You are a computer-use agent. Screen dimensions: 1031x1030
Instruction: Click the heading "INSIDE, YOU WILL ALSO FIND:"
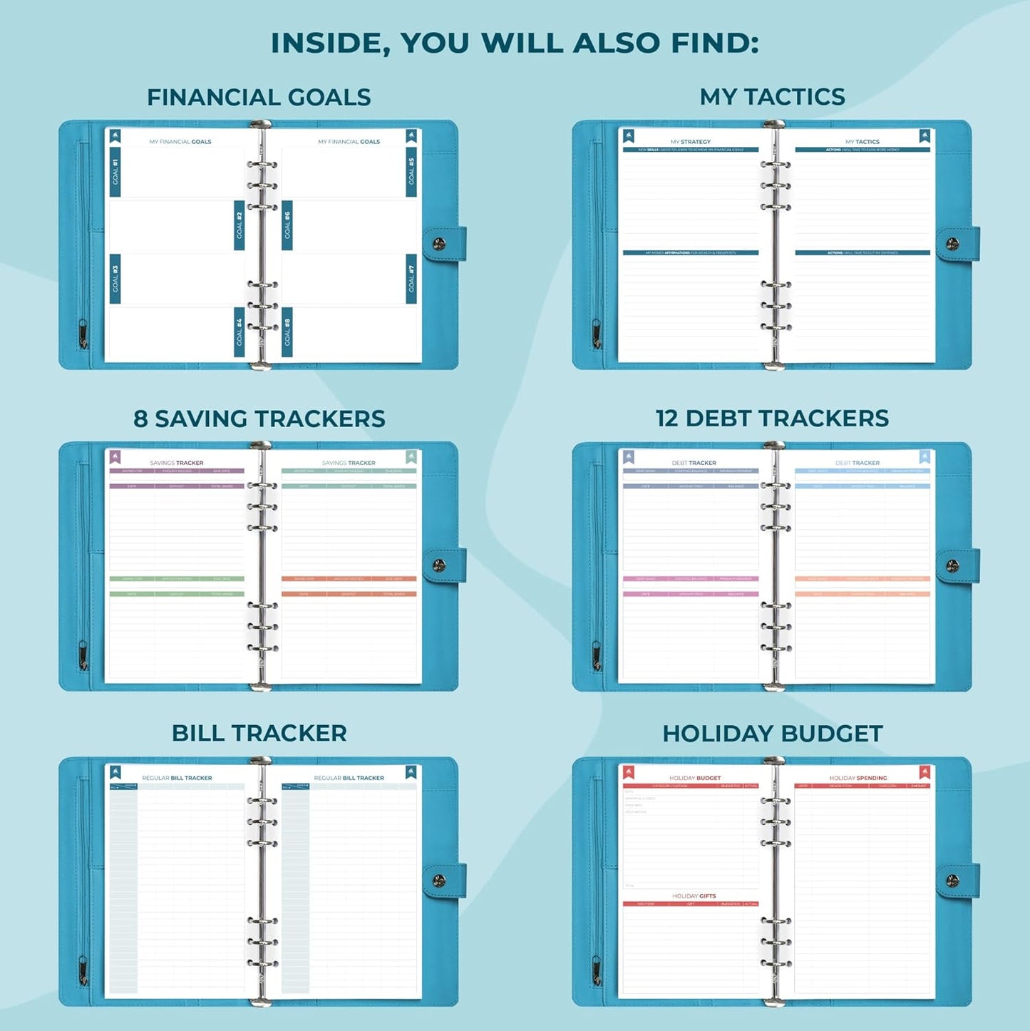(x=515, y=43)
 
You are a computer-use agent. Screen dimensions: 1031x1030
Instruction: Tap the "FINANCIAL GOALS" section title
(x=259, y=97)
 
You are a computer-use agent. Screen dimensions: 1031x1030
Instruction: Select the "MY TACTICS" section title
(x=772, y=97)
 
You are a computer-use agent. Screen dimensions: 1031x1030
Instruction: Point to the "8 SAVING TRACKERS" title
(x=259, y=419)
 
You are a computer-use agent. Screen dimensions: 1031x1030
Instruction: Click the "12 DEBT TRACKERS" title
(x=772, y=419)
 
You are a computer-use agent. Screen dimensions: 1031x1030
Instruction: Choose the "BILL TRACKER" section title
(x=259, y=733)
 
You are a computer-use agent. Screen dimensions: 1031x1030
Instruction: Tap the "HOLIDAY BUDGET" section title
(x=772, y=734)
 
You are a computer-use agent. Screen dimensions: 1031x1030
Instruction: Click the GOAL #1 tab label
(x=115, y=172)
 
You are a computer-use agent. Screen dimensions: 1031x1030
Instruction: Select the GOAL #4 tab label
(x=240, y=332)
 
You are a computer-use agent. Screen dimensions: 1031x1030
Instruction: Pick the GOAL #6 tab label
(x=287, y=225)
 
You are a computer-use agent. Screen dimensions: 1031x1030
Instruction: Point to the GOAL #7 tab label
(x=411, y=279)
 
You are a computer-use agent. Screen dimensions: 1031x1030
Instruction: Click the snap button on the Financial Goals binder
(x=439, y=244)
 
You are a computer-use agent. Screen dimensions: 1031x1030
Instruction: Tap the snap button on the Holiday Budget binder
(x=952, y=881)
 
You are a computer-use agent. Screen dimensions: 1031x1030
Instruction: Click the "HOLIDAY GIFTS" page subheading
(x=694, y=896)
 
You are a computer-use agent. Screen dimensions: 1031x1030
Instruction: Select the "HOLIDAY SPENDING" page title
(x=858, y=778)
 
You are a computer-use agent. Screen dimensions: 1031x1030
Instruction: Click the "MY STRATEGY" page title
(x=690, y=142)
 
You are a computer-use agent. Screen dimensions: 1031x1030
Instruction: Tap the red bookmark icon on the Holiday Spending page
(x=925, y=772)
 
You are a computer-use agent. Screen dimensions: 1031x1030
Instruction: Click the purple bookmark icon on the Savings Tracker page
(x=115, y=457)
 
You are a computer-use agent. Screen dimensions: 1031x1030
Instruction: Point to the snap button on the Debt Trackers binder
(x=952, y=566)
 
